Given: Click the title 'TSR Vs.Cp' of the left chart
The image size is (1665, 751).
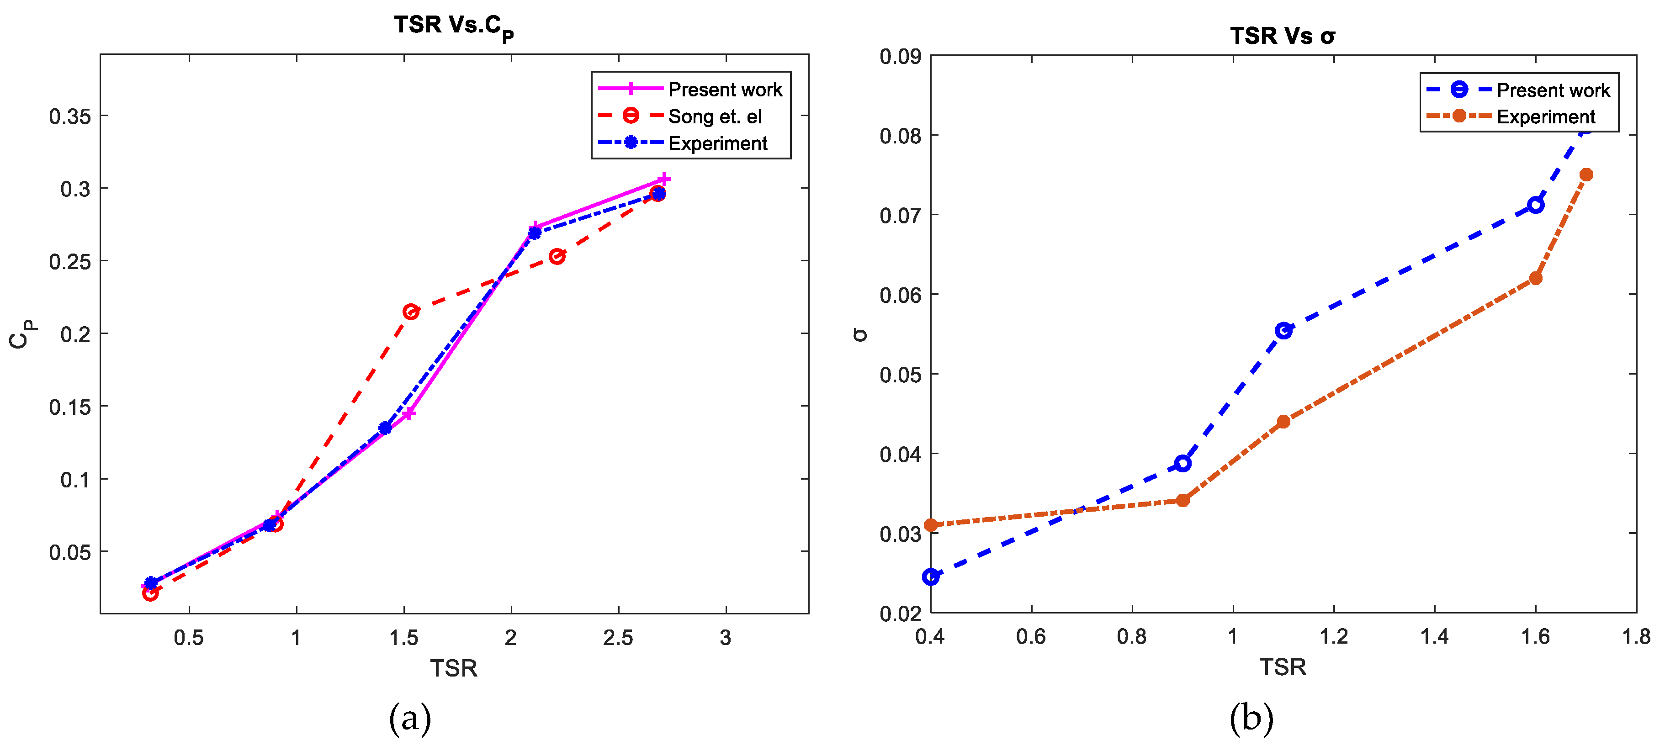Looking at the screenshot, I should (454, 26).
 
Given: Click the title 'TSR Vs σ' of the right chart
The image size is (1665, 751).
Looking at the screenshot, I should (1283, 36).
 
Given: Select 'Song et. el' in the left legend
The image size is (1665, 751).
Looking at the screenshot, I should (714, 116).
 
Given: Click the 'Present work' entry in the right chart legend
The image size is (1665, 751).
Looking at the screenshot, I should (1553, 90).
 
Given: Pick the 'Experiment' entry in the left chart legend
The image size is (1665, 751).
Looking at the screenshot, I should (717, 143).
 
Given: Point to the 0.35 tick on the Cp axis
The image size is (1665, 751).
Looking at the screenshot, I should (70, 116).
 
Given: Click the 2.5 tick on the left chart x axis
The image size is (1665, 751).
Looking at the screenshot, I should (619, 638).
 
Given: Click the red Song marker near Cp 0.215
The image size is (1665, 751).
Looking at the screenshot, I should (410, 312).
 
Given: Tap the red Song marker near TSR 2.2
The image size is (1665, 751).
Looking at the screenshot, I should (557, 257).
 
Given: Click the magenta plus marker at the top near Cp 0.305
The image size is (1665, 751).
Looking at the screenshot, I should (664, 179).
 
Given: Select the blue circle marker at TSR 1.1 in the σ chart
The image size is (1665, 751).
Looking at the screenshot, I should (1283, 331).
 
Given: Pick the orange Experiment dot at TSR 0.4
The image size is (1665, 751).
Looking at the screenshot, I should (931, 525).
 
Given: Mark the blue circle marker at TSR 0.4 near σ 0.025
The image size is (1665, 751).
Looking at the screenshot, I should (931, 576).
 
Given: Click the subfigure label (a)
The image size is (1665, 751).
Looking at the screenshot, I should (410, 718).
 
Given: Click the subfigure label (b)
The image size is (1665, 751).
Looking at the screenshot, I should (1251, 718).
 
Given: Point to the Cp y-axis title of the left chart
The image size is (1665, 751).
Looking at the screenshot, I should (22, 334).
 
